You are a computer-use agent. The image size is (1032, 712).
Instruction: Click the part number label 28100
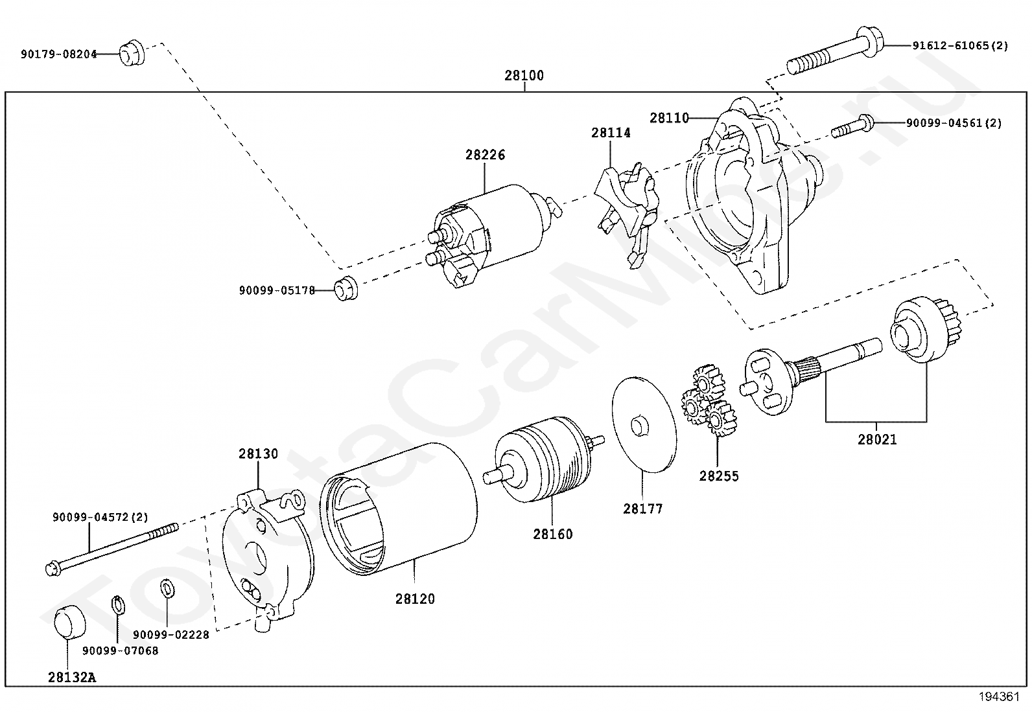coord(524,76)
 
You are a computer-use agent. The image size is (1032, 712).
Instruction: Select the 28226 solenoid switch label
coord(485,155)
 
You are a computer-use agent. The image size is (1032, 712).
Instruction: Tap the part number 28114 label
coord(611,133)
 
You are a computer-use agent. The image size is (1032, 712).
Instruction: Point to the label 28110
coord(670,118)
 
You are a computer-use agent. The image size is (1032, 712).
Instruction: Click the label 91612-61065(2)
coord(960,46)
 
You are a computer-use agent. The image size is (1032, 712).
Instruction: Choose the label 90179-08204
coord(58,54)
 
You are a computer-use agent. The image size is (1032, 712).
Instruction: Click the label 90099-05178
coord(277,291)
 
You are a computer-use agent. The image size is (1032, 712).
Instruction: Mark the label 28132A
coord(71,678)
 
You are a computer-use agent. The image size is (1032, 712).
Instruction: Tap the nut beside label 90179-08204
coord(132,52)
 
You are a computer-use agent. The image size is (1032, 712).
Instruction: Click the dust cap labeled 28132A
coord(68,623)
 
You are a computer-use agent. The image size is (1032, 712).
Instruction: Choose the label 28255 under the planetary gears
coord(719,476)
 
